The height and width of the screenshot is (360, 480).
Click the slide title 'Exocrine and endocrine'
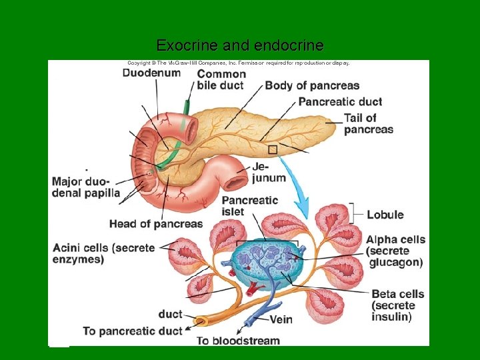pos(240,45)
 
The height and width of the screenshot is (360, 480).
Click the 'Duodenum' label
pos(151,73)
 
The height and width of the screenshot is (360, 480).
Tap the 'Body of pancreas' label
pos(312,85)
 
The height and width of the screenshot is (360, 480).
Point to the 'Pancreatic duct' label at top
pos(340,101)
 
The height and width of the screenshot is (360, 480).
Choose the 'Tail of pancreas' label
pos(368,124)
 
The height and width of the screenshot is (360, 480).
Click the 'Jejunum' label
pos(269,172)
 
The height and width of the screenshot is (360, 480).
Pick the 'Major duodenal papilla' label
pos(85,187)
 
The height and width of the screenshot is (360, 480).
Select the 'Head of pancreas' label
pos(155,224)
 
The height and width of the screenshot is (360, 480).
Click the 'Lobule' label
pos(385,215)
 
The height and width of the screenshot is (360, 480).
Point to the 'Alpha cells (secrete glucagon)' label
pos(395,251)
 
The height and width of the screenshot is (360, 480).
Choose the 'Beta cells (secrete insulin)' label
pos(397,305)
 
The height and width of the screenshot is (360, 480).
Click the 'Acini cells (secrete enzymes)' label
pos(103,253)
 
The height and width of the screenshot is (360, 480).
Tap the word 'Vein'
pos(281,319)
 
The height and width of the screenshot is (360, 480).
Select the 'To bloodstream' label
pos(238,341)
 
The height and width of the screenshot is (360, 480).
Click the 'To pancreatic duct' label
pos(133,331)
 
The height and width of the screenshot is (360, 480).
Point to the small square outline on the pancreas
pos(272,150)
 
